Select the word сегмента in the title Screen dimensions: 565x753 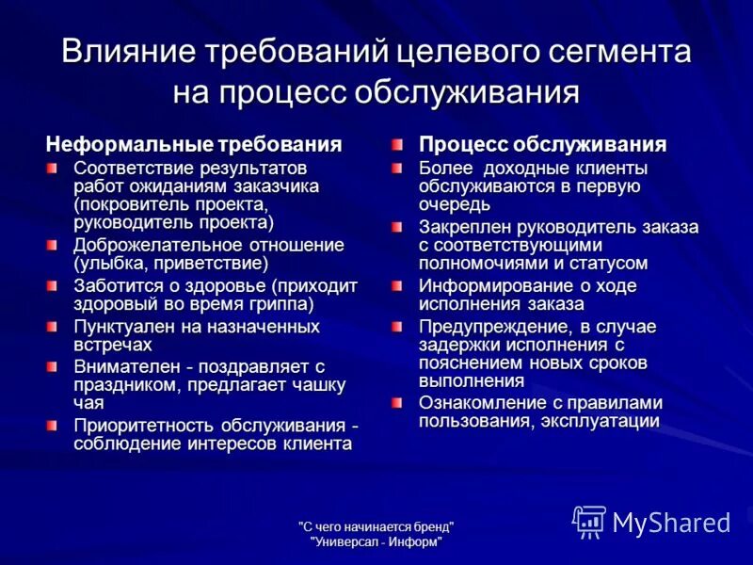[620, 52]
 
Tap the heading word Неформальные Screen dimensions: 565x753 [131, 145]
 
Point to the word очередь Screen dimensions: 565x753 [456, 203]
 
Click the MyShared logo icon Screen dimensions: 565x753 [589, 521]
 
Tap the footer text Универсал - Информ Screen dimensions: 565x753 [376, 541]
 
